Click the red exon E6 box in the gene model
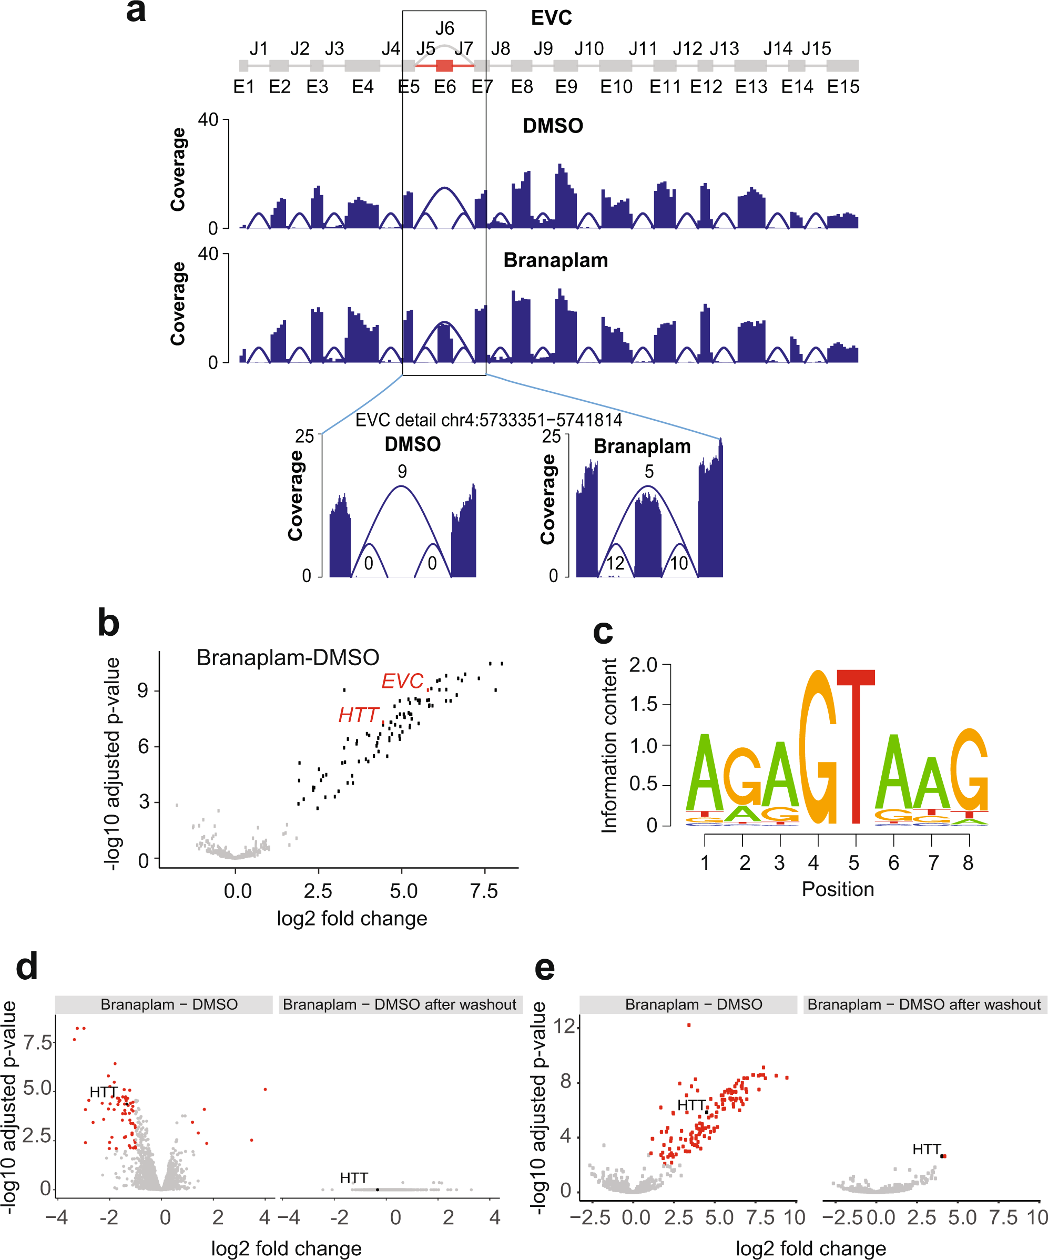(444, 65)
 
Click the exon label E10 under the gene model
(616, 87)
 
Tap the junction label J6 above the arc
(444, 28)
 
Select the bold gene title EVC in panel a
(551, 17)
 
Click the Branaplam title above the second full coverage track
(555, 260)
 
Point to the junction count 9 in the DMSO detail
(402, 472)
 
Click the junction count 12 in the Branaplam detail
(615, 563)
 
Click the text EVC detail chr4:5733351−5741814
(489, 420)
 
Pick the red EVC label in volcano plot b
(402, 681)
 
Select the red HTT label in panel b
(358, 715)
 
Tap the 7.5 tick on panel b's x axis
(483, 891)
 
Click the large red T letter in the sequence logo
(856, 744)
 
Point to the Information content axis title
(609, 745)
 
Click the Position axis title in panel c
(838, 889)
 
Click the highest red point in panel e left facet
(689, 1025)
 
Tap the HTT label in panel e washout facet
(926, 1149)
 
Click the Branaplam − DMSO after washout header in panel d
(400, 1004)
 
